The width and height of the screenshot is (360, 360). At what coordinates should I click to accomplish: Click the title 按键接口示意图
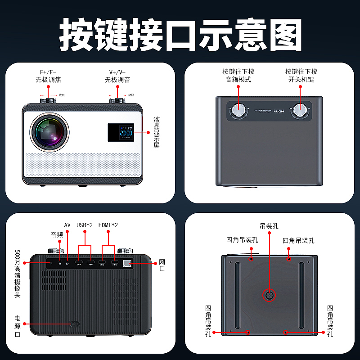click(x=180, y=35)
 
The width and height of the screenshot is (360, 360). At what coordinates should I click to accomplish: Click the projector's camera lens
click(x=49, y=132)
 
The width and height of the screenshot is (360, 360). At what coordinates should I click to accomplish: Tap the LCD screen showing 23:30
click(x=120, y=132)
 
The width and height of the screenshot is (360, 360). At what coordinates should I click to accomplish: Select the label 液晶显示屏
click(x=156, y=132)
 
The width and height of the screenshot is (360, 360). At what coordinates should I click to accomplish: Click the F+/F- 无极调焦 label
click(x=52, y=76)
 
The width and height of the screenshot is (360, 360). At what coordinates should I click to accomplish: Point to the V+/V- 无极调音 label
click(x=118, y=76)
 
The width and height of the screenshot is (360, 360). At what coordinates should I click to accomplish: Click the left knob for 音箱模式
click(x=238, y=109)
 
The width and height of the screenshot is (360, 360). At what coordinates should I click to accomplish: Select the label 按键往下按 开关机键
click(x=301, y=76)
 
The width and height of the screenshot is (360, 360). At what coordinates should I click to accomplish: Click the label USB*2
click(x=85, y=225)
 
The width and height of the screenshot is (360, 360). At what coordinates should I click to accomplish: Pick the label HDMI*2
click(x=108, y=225)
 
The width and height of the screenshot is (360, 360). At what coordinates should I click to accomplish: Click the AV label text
click(x=67, y=225)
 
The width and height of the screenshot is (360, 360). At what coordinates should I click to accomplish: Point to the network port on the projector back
click(x=127, y=263)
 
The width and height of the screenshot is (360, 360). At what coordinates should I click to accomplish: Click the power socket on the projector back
click(x=74, y=324)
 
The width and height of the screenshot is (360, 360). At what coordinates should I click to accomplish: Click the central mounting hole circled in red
click(x=269, y=295)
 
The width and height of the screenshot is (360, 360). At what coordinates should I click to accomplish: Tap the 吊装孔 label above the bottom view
click(x=269, y=226)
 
